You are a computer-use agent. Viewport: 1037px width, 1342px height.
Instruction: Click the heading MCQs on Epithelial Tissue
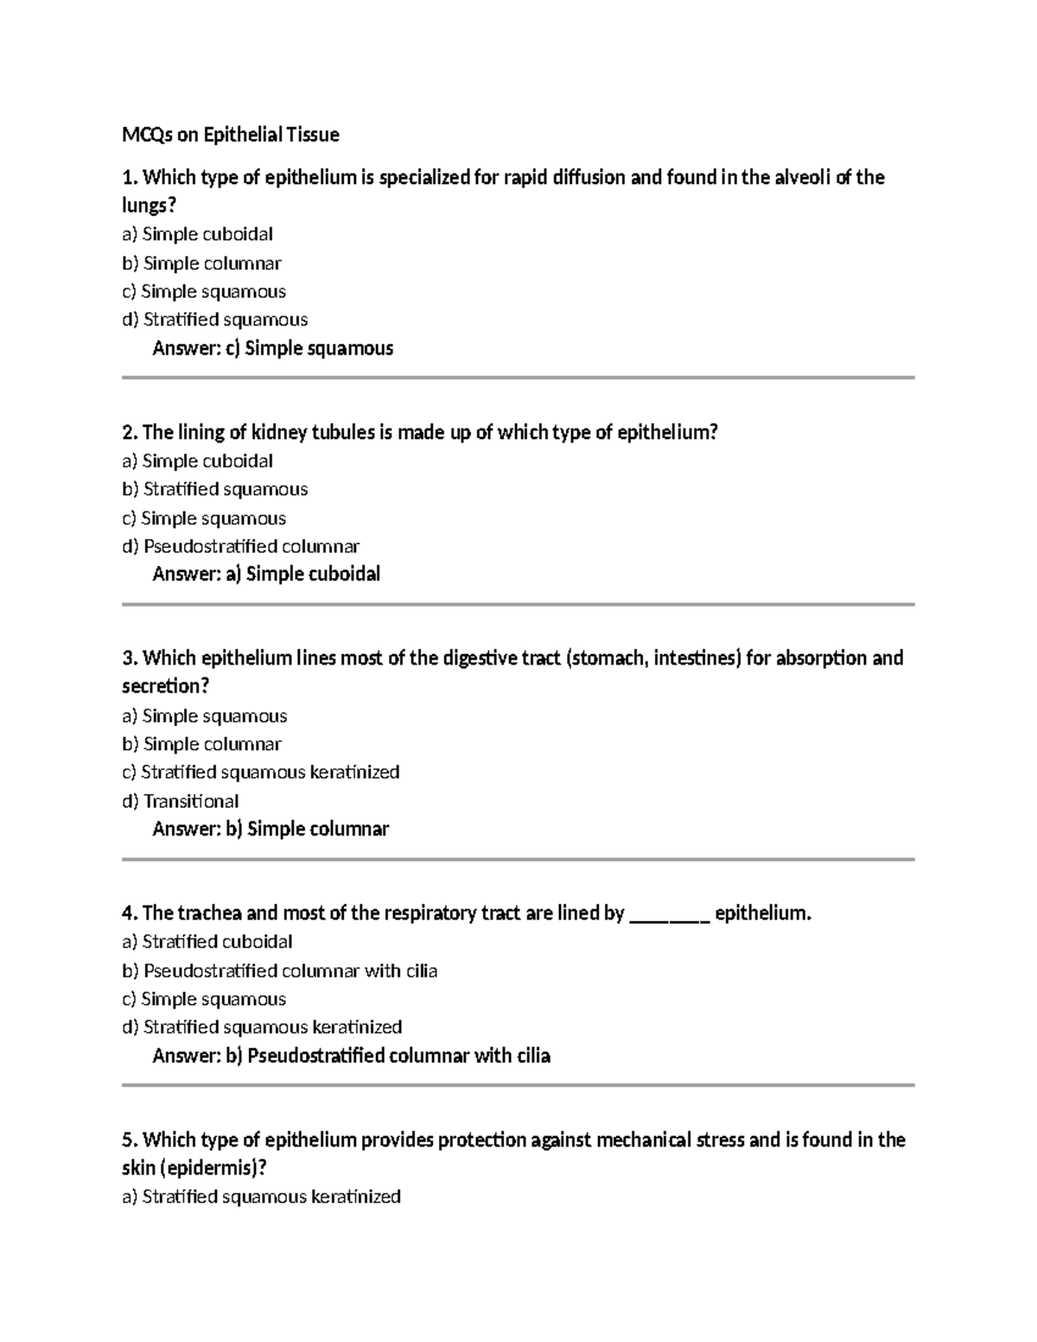pyautogui.click(x=231, y=135)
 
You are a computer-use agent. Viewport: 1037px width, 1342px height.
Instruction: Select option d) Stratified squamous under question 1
pyautogui.click(x=215, y=320)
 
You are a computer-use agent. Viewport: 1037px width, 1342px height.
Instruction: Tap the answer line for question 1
pyautogui.click(x=272, y=348)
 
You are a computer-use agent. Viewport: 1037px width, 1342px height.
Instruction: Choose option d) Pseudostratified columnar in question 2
pyautogui.click(x=241, y=546)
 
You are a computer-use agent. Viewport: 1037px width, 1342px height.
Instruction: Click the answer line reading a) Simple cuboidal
pyautogui.click(x=266, y=574)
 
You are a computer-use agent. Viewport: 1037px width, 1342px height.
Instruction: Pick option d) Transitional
pyautogui.click(x=181, y=801)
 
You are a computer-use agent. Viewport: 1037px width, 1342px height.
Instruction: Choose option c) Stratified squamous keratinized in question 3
pyautogui.click(x=261, y=772)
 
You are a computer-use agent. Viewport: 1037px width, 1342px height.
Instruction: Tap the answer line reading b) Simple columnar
pyautogui.click(x=270, y=829)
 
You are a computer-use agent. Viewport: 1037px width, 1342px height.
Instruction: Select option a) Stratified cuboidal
pyautogui.click(x=207, y=942)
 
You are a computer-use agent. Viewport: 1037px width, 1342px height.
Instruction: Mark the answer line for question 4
pyautogui.click(x=351, y=1056)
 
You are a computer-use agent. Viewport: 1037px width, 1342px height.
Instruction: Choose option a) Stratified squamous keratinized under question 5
pyautogui.click(x=262, y=1197)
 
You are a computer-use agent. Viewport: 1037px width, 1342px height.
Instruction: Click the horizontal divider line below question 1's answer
pyautogui.click(x=518, y=378)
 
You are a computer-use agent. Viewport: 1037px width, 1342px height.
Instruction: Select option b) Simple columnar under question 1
pyautogui.click(x=202, y=263)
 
